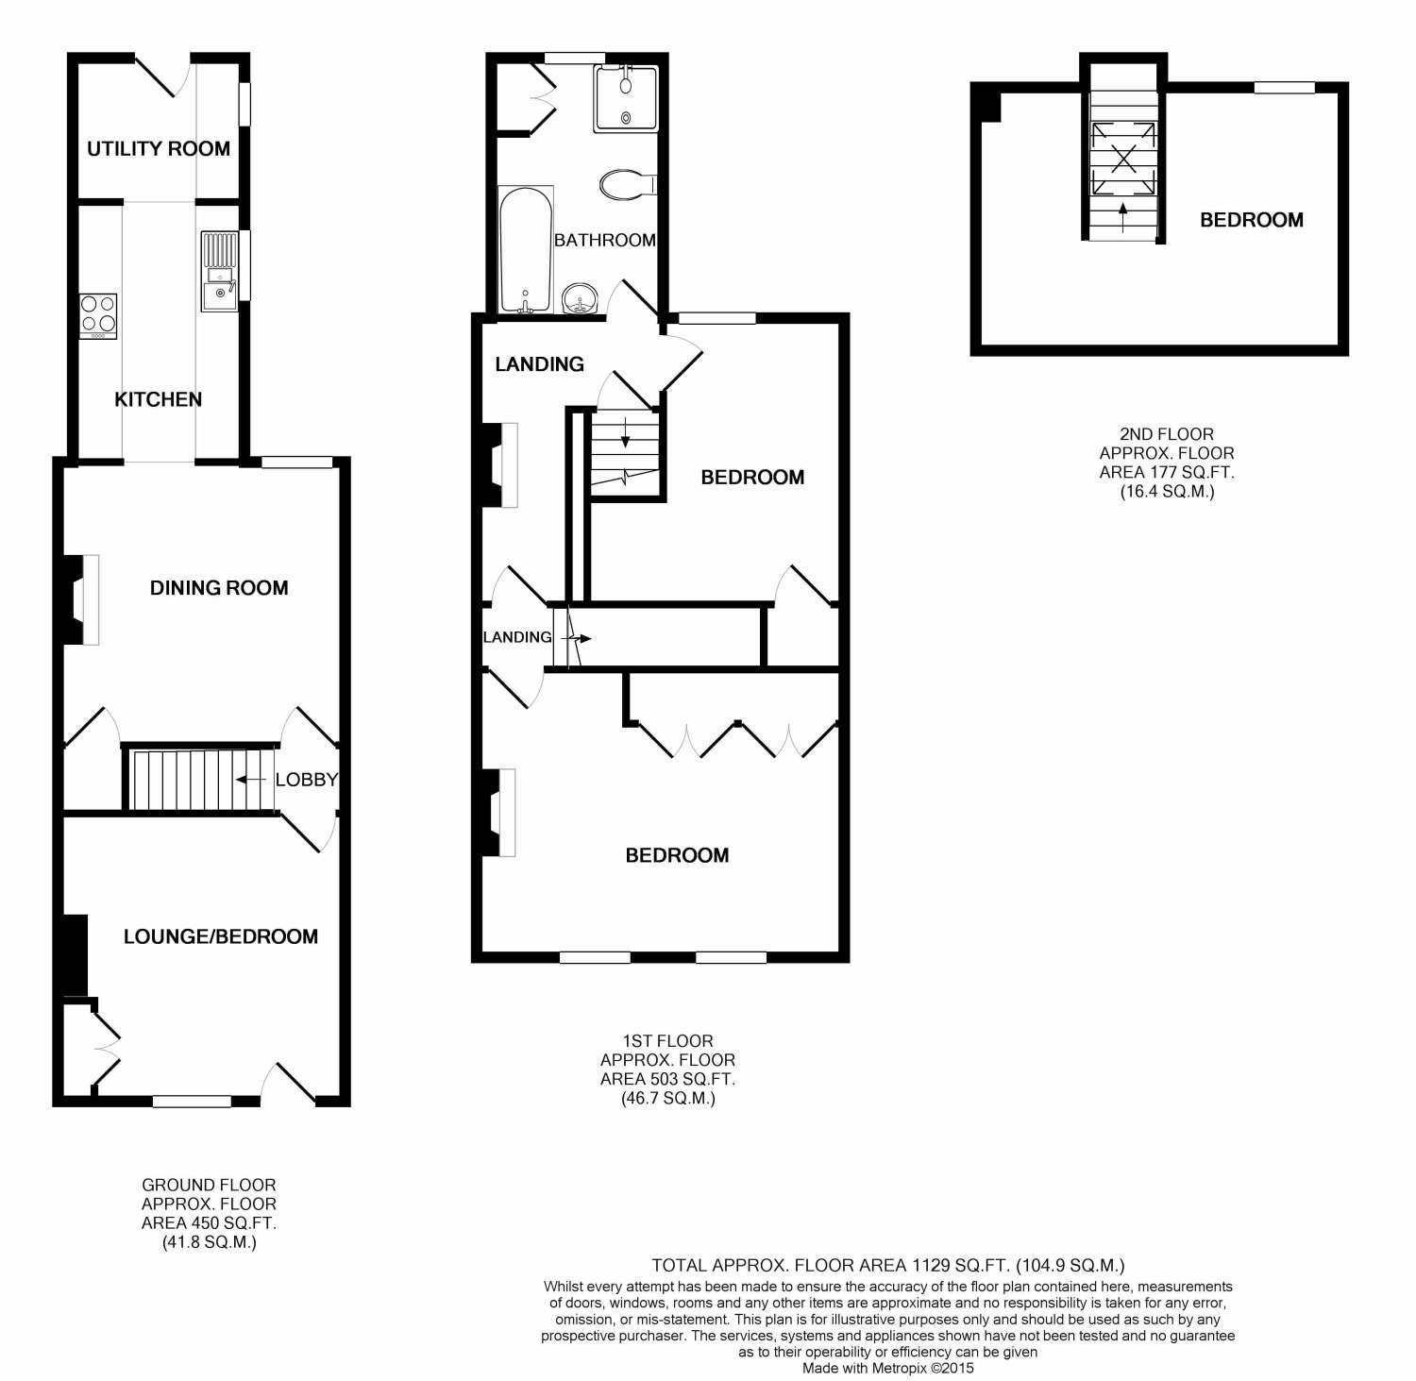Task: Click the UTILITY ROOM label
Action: [x=159, y=148]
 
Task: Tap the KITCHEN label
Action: [x=159, y=399]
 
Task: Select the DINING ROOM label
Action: [x=219, y=588]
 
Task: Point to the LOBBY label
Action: [x=306, y=780]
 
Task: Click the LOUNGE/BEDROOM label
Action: [x=221, y=936]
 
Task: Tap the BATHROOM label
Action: [x=605, y=240]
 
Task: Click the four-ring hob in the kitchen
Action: [x=98, y=316]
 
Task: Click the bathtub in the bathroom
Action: [x=526, y=250]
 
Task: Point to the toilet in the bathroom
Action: [x=628, y=184]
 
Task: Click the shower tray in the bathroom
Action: [x=626, y=98]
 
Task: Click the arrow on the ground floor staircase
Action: [x=250, y=780]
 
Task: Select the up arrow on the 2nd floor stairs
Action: [x=1122, y=217]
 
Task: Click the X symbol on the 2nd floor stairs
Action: [x=1123, y=157]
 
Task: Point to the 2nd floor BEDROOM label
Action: [x=1252, y=220]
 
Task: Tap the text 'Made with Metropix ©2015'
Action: [x=888, y=1367]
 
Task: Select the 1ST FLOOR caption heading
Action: [x=667, y=1041]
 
